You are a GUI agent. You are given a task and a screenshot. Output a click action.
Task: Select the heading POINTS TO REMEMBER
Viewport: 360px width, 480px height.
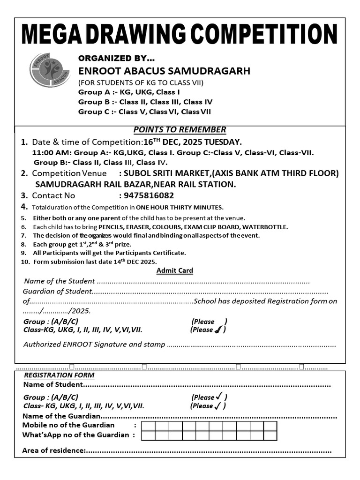coord(180,130)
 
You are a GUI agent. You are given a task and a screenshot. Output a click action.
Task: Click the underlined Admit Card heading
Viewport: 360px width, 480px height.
coord(174,270)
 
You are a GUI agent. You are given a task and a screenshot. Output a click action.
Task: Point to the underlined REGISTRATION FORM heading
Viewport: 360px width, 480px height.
coord(59,375)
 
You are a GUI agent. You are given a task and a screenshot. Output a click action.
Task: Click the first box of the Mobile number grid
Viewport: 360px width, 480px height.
coord(148,426)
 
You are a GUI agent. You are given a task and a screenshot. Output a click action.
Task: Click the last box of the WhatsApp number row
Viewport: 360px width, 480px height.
coord(270,435)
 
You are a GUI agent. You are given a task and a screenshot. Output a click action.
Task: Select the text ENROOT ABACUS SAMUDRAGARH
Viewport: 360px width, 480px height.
coord(164,71)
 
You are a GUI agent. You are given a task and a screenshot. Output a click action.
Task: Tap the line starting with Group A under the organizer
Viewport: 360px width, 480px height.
coord(129,92)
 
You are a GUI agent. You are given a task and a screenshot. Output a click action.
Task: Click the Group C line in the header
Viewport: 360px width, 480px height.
coord(144,112)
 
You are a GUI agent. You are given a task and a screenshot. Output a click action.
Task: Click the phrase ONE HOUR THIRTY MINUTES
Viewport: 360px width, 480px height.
coord(180,207)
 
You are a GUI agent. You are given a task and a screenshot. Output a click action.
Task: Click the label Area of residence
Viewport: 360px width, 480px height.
coord(53,450)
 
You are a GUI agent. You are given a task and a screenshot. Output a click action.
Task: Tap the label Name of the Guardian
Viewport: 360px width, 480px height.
coord(61,416)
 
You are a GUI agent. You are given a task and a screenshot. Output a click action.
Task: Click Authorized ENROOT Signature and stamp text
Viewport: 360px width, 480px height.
coord(94,345)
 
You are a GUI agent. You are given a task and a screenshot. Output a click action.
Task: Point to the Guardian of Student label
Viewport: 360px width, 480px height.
coord(56,291)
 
